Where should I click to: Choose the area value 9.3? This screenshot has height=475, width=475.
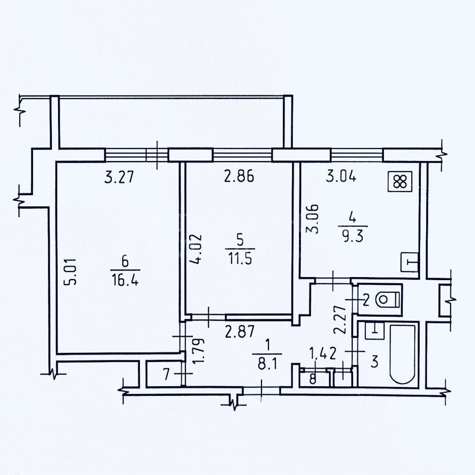(354, 235)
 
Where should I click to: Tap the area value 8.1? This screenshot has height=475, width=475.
(268, 362)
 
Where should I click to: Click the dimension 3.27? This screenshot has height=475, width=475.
(119, 177)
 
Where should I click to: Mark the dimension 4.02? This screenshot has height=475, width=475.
(194, 248)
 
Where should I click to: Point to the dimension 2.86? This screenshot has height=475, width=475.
(239, 176)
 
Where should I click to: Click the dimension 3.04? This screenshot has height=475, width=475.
(341, 176)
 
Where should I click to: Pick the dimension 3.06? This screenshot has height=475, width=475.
(312, 219)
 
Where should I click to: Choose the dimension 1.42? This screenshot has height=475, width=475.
(322, 354)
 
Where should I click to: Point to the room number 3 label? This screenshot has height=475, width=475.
(374, 362)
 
